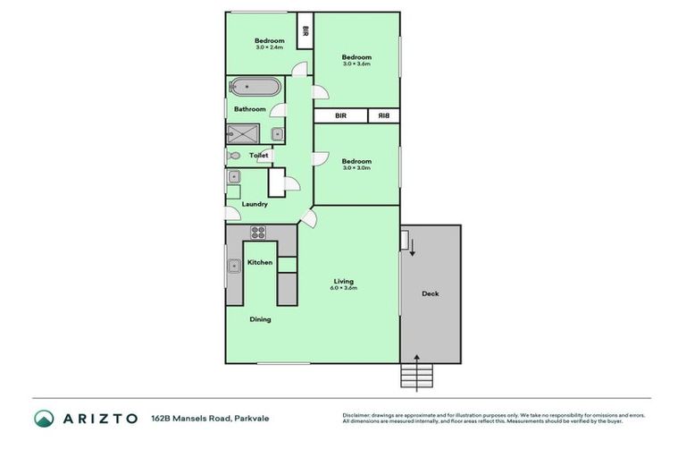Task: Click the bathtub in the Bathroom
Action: (x=255, y=88)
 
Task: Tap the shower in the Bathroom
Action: (x=242, y=133)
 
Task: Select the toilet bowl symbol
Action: (x=234, y=155)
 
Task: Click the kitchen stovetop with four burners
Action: (x=258, y=233)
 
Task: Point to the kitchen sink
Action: (x=233, y=265)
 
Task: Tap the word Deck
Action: (x=430, y=293)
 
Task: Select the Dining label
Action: (x=260, y=319)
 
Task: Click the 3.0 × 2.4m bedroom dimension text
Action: (x=269, y=47)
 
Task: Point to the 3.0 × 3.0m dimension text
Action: (x=356, y=167)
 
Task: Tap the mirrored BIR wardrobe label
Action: (x=383, y=115)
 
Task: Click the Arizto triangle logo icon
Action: (x=44, y=418)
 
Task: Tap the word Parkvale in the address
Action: (x=253, y=418)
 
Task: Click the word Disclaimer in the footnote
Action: (x=357, y=415)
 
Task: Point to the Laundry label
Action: (x=255, y=204)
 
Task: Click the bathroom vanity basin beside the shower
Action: (x=277, y=134)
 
